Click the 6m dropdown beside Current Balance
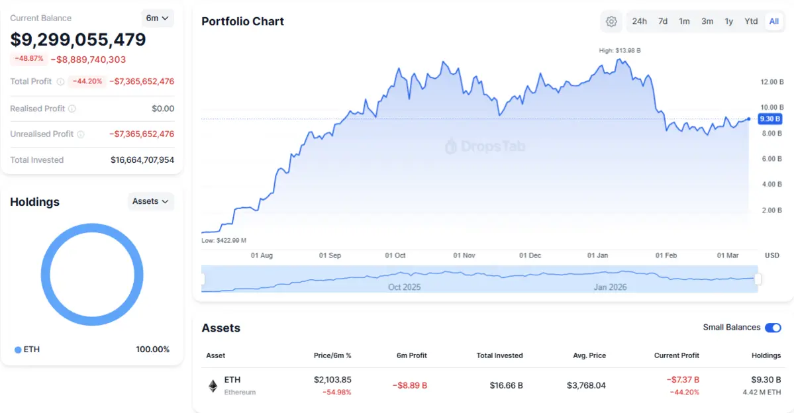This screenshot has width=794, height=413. [x=157, y=19]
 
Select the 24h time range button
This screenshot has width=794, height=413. [x=639, y=21]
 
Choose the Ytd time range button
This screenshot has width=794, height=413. [x=751, y=21]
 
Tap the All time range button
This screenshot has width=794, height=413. [x=773, y=21]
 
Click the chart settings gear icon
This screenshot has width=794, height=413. [x=611, y=21]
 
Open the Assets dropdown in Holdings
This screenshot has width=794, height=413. [x=150, y=201]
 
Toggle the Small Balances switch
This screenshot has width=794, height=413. [x=773, y=328]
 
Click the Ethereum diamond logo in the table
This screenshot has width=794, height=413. [x=213, y=386]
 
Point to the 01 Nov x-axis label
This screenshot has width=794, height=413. [x=464, y=255]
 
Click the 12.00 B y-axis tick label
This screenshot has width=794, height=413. [x=771, y=82]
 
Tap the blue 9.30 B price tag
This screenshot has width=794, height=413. [x=770, y=119]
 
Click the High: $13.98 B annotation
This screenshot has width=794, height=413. [x=619, y=50]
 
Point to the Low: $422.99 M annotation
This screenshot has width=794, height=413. [x=224, y=240]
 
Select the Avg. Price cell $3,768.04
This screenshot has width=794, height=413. [x=586, y=385]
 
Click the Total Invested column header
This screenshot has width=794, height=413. [x=499, y=355]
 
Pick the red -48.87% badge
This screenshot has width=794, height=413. [x=28, y=59]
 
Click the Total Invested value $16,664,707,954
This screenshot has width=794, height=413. [x=142, y=160]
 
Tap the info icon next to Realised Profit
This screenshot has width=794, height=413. [x=72, y=109]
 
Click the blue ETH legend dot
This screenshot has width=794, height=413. [x=18, y=349]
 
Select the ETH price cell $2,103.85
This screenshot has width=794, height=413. [x=332, y=380]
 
